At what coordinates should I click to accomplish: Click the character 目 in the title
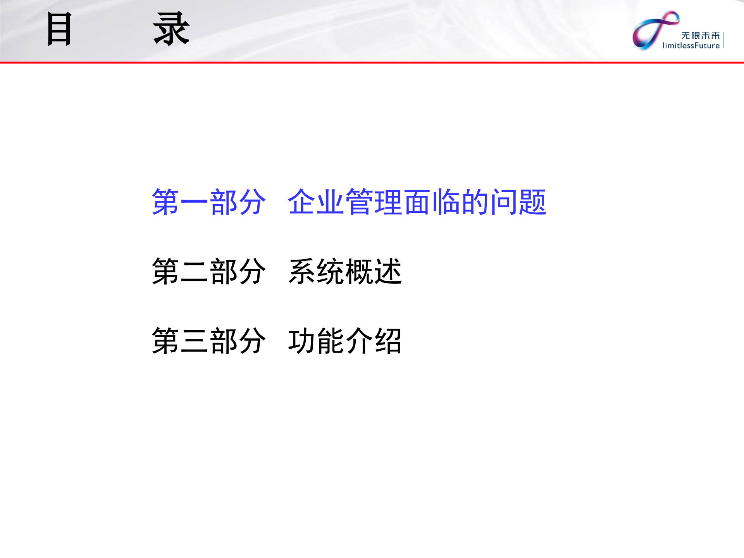(59, 29)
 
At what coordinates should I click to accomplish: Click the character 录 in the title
(171, 29)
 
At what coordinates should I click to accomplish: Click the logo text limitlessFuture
(691, 46)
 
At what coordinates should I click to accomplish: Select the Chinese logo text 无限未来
(700, 36)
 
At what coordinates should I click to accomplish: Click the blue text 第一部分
(209, 202)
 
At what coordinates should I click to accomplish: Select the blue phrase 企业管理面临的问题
(417, 202)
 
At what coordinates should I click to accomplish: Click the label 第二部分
(209, 272)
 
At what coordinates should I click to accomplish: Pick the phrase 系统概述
(345, 272)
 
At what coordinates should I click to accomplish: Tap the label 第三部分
(209, 341)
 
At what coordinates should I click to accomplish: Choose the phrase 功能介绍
(345, 341)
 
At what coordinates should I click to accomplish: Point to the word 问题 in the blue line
(518, 202)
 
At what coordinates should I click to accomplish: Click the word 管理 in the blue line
(374, 202)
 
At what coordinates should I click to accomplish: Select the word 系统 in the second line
(316, 272)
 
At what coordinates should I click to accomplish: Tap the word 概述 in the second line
(374, 272)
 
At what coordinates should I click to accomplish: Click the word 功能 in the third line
(316, 341)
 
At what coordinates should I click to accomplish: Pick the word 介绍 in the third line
(374, 341)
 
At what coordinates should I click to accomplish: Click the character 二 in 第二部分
(194, 272)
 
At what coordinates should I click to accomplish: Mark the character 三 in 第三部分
(194, 341)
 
